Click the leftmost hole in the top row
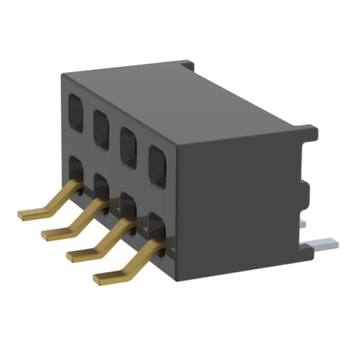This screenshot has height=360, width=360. tap(75, 112)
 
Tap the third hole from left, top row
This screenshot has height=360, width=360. tap(129, 148)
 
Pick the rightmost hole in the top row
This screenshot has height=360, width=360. tap(158, 166)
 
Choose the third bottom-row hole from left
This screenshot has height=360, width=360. tap(128, 206)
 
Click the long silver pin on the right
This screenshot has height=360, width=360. tap(325, 244)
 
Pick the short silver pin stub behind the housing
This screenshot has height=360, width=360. tap(303, 224)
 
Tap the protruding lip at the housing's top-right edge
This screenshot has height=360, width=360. tap(310, 133)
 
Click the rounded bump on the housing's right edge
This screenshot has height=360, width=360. tap(306, 190)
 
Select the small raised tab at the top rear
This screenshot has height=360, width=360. tap(188, 65)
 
